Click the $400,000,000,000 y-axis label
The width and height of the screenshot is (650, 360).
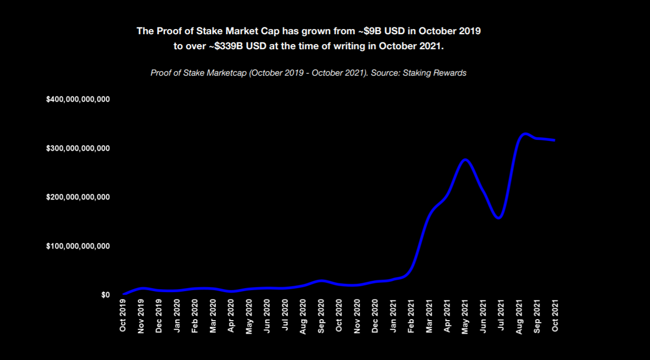78,99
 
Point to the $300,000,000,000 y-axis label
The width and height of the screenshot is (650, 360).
78,148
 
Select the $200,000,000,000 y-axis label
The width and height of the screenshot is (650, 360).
78,197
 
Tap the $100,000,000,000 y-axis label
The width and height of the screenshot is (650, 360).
78,246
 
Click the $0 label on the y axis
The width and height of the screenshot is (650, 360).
105,295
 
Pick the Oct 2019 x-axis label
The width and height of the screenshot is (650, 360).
123,316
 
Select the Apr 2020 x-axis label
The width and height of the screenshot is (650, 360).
231,316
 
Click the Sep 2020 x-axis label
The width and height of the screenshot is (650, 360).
321,316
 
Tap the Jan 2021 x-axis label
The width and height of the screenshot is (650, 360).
393,316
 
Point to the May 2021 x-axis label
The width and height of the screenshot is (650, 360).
465,316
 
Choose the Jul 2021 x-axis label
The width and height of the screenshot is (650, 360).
501,316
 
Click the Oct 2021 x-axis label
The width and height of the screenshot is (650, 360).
555,316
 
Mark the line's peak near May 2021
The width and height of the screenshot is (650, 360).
465,160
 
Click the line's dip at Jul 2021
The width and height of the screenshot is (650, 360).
499,218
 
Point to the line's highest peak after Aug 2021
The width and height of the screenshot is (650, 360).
525,134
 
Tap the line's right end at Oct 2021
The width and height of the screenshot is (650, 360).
555,140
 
